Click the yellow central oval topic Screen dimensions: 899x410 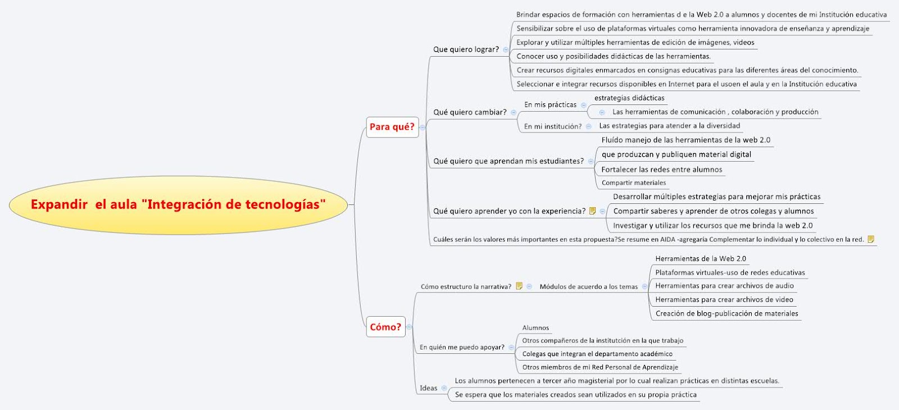coord(178,204)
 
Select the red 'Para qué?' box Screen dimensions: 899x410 coord(392,127)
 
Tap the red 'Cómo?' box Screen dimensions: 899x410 coord(385,327)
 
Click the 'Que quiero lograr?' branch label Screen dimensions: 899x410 coord(466,49)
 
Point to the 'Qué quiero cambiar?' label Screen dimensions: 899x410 coord(470,112)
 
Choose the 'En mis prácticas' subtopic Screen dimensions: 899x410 coord(550,105)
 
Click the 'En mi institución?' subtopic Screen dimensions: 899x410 coord(553,126)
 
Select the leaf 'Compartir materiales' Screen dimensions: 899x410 coord(633,183)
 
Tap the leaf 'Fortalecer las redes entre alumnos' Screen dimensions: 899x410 coord(661,170)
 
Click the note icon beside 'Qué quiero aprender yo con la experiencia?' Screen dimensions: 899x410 coord(592,211)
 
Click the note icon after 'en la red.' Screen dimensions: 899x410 coord(871,239)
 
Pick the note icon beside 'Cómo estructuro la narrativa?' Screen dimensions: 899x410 coord(519,286)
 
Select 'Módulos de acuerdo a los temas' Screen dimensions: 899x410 coord(588,286)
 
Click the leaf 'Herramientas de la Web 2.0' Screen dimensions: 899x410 coord(700,259)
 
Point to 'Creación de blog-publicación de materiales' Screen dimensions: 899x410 coord(727,313)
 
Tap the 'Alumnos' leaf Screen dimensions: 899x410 coord(535,328)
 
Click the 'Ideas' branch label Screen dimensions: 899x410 coord(428,388)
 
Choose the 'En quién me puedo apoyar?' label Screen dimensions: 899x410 coord(462,347)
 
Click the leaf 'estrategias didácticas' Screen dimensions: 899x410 coord(629,98)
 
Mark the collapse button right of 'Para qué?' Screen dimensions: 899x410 coord(423,127)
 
